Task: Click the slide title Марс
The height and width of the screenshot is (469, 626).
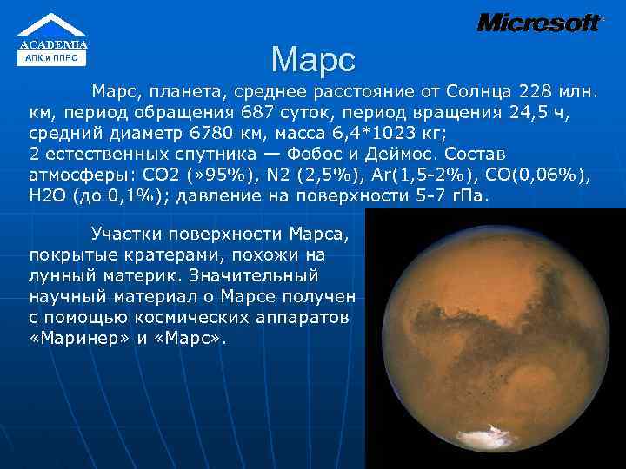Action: (313, 59)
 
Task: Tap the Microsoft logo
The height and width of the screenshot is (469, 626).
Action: (538, 23)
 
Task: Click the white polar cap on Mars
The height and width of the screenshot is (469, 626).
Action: (496, 429)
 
